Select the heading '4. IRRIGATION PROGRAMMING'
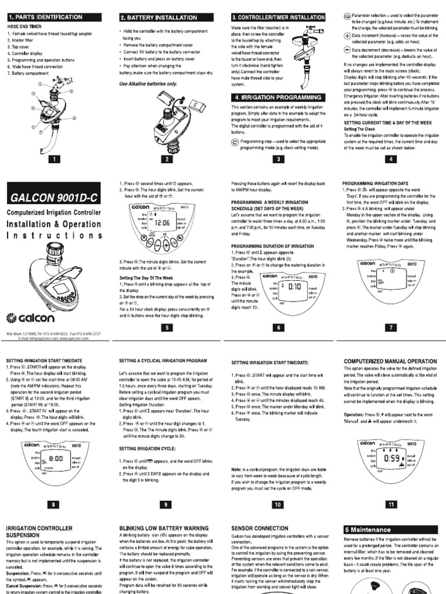point(277,97)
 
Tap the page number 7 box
point(390,327)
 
